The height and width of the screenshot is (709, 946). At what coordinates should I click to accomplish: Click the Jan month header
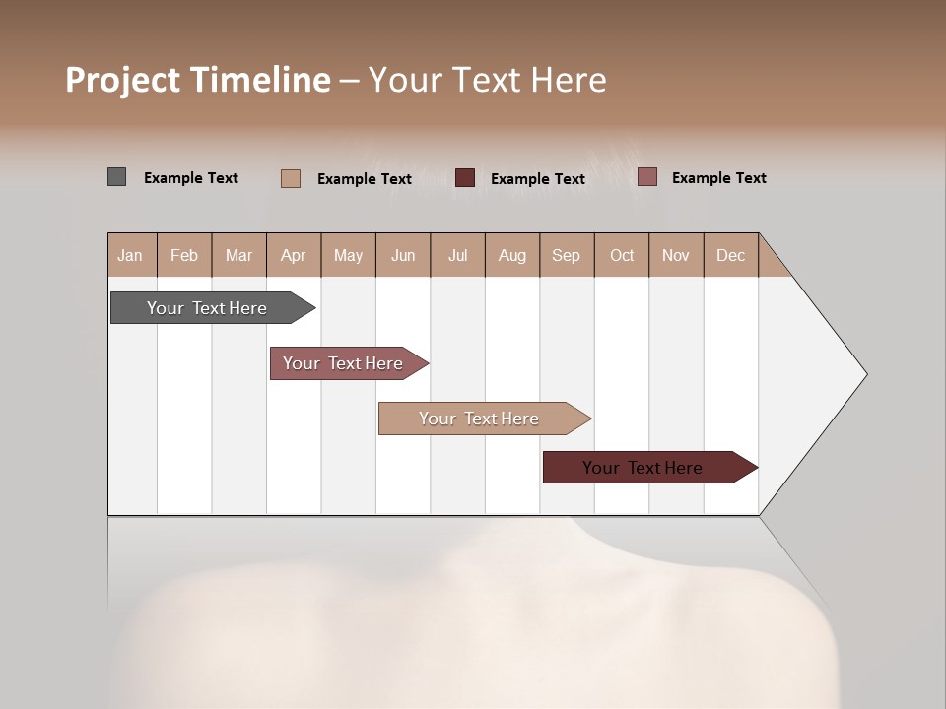pos(130,255)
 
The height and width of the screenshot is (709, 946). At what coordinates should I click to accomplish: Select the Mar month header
pos(238,255)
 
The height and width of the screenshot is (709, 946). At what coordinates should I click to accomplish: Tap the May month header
pos(348,255)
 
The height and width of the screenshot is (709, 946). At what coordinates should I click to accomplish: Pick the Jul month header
pos(457,255)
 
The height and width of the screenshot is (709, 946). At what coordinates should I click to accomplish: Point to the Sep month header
pos(566,255)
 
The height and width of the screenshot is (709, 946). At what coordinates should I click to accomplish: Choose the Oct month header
pos(622,255)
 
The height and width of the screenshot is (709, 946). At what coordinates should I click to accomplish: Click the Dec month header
pos(730,255)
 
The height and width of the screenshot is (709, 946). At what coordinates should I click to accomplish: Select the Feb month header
pos(184,255)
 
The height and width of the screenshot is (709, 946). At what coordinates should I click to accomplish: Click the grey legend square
pos(117,177)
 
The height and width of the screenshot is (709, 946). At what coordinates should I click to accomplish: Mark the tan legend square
pos(291,178)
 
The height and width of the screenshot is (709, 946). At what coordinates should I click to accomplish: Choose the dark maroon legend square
pos(465,178)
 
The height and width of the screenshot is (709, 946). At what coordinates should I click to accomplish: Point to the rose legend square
pos(646,177)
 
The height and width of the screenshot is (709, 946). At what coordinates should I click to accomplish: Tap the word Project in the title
pos(121,80)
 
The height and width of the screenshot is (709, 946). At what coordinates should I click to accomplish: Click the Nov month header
pos(676,255)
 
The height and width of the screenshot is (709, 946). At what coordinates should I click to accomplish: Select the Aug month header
pos(511,255)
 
